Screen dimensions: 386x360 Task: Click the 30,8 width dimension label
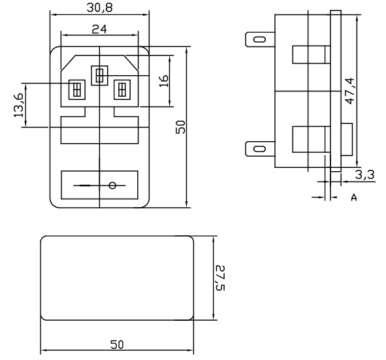(x=99, y=8)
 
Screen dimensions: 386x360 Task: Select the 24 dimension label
(x=99, y=29)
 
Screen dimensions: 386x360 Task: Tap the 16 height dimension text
(x=164, y=81)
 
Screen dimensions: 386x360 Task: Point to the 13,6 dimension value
(x=19, y=105)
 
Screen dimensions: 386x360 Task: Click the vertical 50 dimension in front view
(x=180, y=127)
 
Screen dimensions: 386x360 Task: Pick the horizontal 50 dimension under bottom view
(x=117, y=344)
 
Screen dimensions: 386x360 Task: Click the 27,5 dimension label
(x=220, y=278)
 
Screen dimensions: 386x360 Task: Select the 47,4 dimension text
(x=349, y=91)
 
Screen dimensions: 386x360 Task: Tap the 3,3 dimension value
(x=364, y=174)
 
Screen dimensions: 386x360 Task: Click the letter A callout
(x=354, y=197)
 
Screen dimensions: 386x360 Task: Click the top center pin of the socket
(x=99, y=76)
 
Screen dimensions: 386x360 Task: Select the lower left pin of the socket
(x=77, y=90)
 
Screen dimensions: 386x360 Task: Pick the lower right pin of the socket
(x=122, y=90)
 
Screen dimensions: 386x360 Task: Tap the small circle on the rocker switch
(x=112, y=186)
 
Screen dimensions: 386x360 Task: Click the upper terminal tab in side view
(x=260, y=39)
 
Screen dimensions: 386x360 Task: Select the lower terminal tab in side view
(x=260, y=149)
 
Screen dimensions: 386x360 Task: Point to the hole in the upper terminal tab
(x=260, y=39)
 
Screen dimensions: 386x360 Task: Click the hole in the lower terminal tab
(x=260, y=149)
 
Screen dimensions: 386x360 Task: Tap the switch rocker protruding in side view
(x=347, y=139)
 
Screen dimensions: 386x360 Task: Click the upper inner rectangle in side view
(x=312, y=54)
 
